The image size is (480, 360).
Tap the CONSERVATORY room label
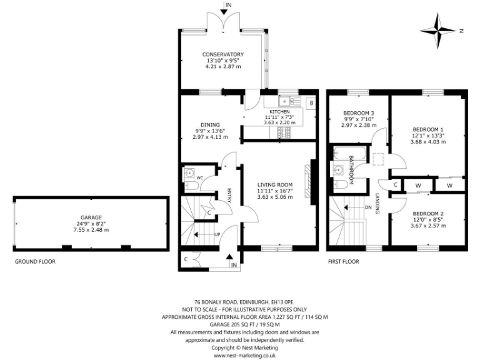coord(222,54)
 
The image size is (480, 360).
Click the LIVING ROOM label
coord(275,184)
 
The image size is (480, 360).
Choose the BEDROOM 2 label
coord(428,213)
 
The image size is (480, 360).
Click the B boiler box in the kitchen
coord(311,102)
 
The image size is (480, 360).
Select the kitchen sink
coord(289,100)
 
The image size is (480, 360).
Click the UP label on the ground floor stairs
coord(216,235)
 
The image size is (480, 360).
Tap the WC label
coord(200,178)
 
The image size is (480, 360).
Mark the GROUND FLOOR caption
coord(35,262)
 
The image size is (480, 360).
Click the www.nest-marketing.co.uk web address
coord(241,354)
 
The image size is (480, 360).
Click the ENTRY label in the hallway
coord(229,196)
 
